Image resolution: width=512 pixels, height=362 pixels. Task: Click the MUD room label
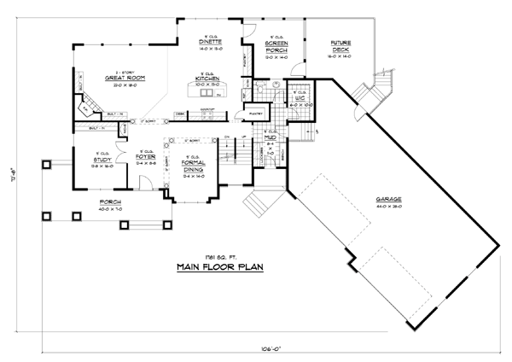[x=270, y=138]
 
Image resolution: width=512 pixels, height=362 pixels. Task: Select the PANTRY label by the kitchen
[x=255, y=112]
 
